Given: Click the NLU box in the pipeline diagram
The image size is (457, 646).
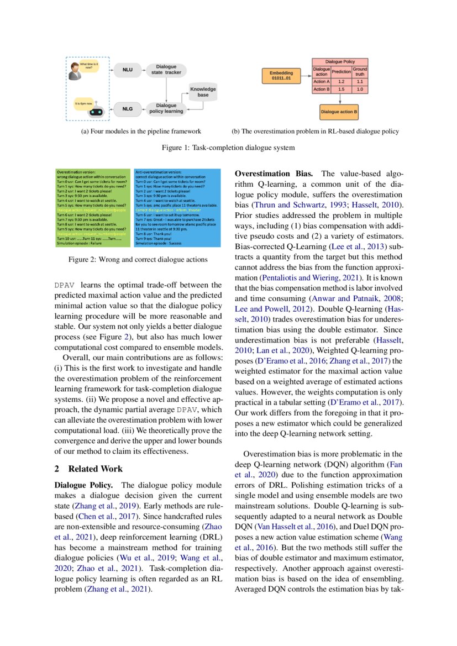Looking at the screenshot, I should [x=127, y=70].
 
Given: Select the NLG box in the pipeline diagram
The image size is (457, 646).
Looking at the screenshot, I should [x=127, y=109].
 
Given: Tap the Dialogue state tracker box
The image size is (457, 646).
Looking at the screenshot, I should [x=166, y=70].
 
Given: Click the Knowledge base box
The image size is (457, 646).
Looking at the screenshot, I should [x=203, y=92].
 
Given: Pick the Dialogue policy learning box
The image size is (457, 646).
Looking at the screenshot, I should [x=166, y=108].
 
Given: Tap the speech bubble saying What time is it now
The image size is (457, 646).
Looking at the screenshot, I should [x=89, y=66].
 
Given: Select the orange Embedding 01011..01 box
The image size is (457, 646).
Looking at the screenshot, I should [x=281, y=76].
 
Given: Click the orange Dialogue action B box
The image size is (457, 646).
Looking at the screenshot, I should [x=339, y=112].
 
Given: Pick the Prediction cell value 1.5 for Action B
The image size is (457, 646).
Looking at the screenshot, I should [x=341, y=89].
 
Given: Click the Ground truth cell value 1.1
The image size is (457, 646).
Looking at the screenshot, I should [x=360, y=81].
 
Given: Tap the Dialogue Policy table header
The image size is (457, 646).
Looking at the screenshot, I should [x=340, y=61].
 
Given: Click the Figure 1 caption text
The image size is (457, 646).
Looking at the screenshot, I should [x=228, y=148].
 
